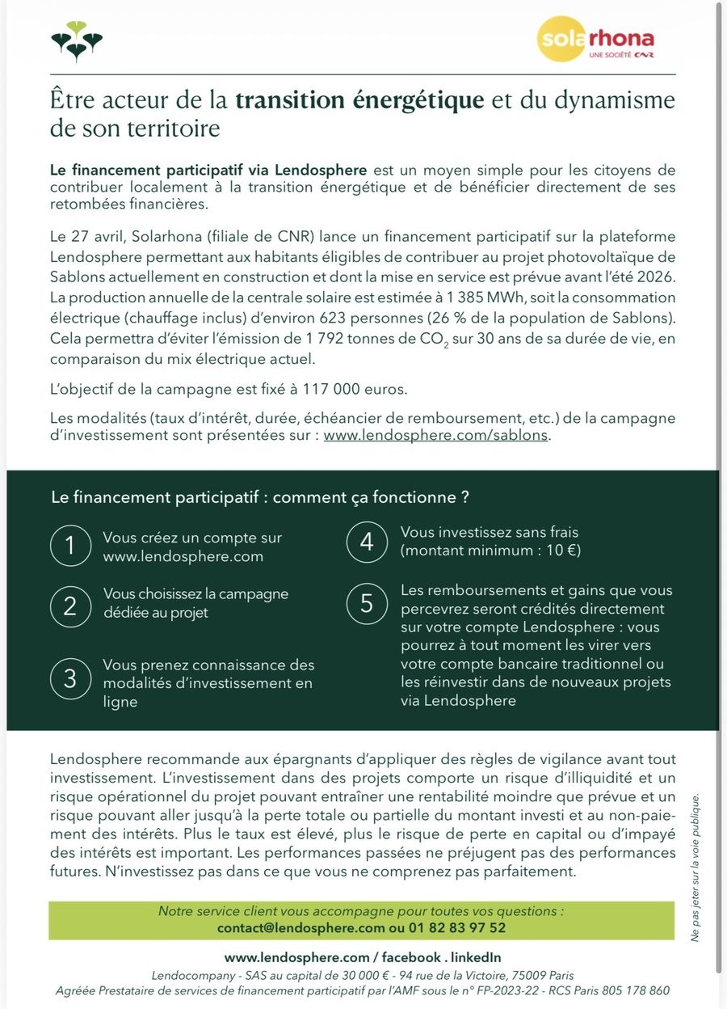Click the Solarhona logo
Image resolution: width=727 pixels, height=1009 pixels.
(595, 41)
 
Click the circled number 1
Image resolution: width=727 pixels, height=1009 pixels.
(70, 546)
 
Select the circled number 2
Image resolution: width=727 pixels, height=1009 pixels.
(70, 605)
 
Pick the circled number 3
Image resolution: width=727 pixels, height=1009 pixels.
(70, 679)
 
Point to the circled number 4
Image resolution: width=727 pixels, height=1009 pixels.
(367, 542)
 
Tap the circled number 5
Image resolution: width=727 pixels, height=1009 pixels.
(367, 603)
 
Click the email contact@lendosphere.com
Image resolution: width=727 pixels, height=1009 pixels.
(300, 928)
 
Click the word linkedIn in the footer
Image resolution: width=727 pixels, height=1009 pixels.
(476, 957)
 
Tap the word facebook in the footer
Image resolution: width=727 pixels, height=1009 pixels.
(412, 957)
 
